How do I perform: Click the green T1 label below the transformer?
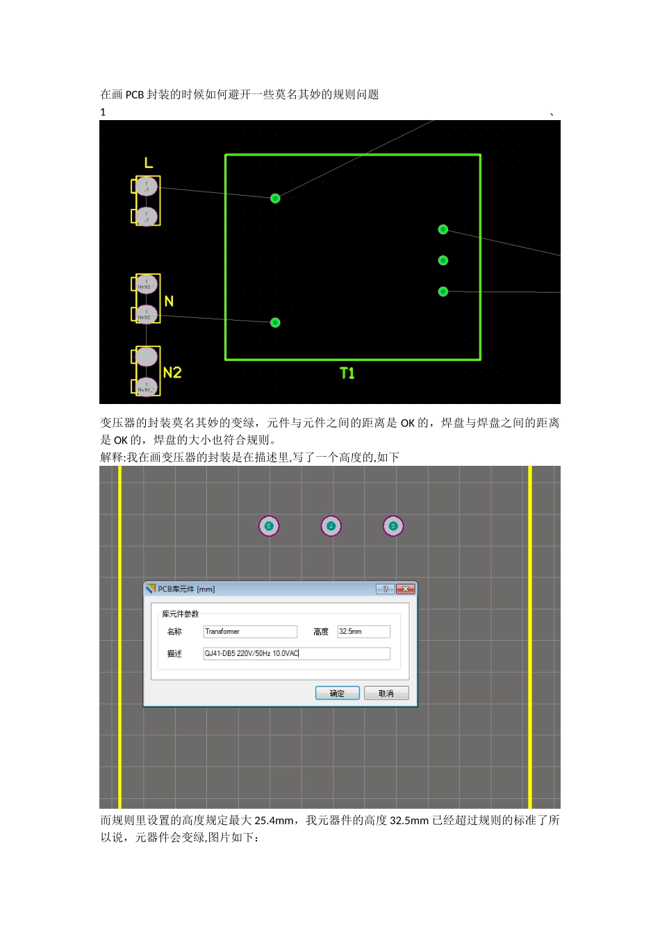click(x=347, y=373)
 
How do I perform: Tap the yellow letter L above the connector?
click(x=149, y=163)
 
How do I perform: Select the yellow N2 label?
click(x=172, y=373)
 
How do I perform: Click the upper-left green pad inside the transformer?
click(x=275, y=199)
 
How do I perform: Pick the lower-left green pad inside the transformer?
click(x=275, y=322)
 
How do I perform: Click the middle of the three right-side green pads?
click(x=443, y=260)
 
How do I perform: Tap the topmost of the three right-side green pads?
click(x=443, y=229)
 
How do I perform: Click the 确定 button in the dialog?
click(x=337, y=693)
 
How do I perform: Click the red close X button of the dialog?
click(x=405, y=589)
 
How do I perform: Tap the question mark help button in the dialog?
click(x=385, y=589)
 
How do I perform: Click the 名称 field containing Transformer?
click(x=249, y=632)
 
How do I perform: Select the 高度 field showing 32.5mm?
click(x=363, y=632)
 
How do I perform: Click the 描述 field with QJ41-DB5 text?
click(x=296, y=653)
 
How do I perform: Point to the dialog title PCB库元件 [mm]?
click(x=186, y=589)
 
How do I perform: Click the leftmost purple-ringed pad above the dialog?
click(x=269, y=526)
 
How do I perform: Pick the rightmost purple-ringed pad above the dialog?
click(x=393, y=526)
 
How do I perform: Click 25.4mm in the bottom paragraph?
click(x=274, y=821)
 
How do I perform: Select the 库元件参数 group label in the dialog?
click(x=181, y=614)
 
